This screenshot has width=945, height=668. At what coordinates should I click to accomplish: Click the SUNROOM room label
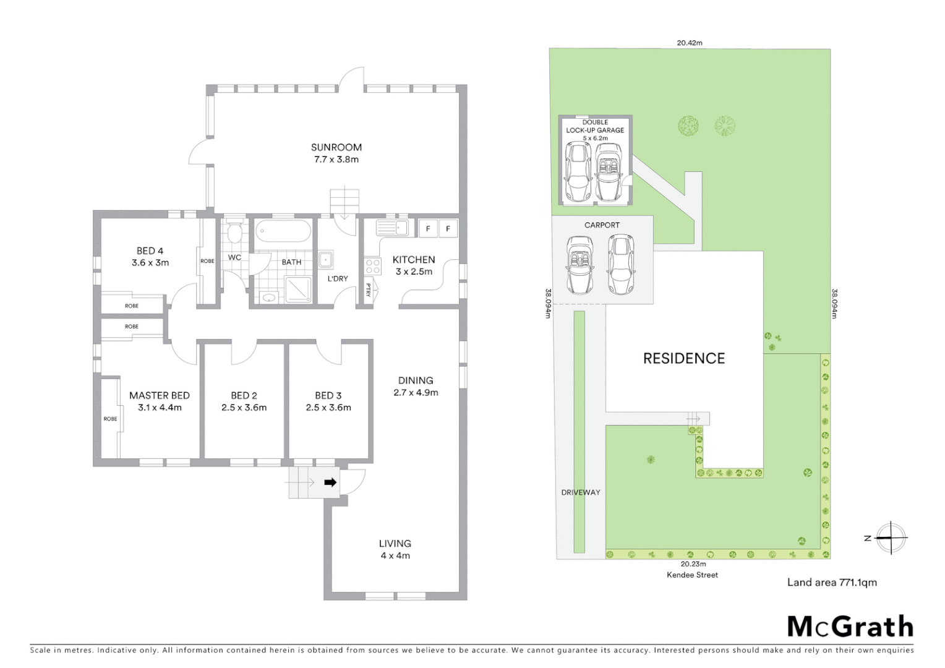[336, 147]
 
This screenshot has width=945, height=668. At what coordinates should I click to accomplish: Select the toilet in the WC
[234, 234]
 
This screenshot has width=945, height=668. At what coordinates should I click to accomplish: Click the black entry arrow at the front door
[330, 482]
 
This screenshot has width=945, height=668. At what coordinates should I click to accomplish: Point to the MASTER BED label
[159, 395]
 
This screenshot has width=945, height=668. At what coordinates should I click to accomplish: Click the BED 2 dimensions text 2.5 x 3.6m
[244, 408]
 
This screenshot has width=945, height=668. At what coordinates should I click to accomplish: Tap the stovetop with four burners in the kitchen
[373, 267]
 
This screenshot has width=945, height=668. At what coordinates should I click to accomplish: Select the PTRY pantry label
[368, 290]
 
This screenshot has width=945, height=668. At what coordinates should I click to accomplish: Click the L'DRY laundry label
[338, 279]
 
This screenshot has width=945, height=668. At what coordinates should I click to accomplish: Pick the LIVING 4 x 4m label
[395, 549]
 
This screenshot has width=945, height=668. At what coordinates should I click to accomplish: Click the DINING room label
[416, 380]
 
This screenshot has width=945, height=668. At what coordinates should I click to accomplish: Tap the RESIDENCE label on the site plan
[683, 359]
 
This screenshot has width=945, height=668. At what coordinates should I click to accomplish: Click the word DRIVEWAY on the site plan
[580, 492]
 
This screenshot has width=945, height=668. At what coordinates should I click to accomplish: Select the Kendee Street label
[692, 575]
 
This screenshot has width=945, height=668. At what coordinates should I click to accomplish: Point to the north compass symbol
[891, 537]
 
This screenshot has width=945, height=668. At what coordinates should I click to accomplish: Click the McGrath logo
[850, 627]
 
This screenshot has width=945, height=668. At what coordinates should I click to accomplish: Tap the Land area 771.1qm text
[831, 582]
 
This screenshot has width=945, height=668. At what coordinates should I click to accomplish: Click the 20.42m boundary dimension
[689, 43]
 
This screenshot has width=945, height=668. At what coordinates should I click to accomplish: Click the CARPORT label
[602, 225]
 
